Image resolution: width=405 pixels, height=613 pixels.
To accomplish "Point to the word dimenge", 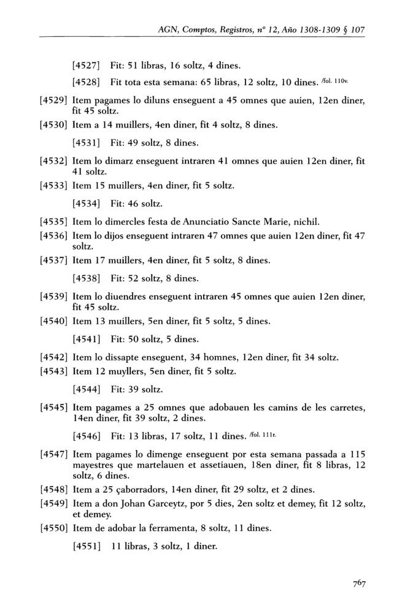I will pos(178,454).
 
